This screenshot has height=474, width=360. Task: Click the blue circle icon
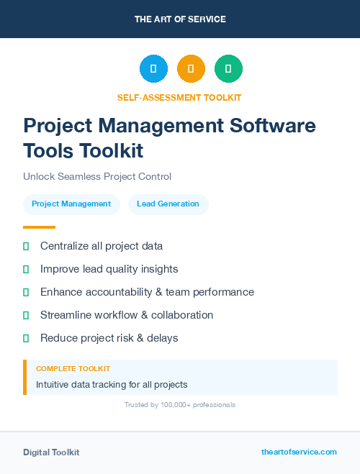153,69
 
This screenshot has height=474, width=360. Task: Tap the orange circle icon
191,69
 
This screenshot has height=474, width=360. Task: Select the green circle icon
228,69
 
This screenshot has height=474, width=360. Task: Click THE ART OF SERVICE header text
180,19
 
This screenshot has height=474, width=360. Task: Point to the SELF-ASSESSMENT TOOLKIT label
180,97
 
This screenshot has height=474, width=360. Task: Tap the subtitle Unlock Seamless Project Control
97,176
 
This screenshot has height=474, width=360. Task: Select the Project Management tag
71,204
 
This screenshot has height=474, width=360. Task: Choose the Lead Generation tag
168,204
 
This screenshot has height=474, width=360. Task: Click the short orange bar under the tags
39,227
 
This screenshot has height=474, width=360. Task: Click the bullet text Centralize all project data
102,246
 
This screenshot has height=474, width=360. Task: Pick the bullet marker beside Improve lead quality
26,269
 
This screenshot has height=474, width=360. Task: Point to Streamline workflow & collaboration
127,315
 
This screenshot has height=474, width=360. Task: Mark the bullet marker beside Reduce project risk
26,338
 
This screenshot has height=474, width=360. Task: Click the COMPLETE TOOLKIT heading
73,368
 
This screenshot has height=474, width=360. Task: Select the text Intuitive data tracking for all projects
112,385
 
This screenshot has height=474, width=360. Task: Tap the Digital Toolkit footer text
51,452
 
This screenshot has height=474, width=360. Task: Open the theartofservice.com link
299,452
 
